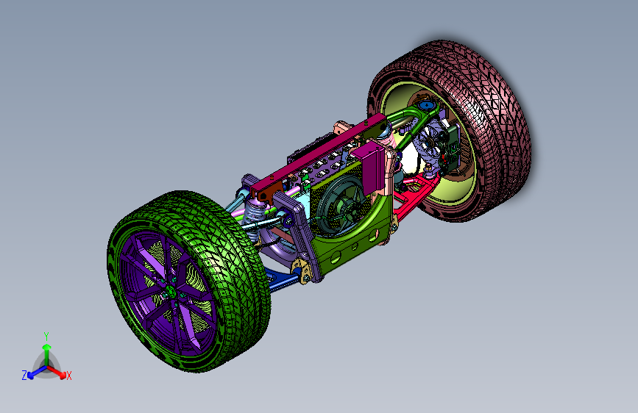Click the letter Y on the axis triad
pyautogui.click(x=46, y=337)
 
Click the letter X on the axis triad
pyautogui.click(x=68, y=376)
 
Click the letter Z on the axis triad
pyautogui.click(x=24, y=376)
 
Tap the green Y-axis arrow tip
pyautogui.click(x=47, y=347)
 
